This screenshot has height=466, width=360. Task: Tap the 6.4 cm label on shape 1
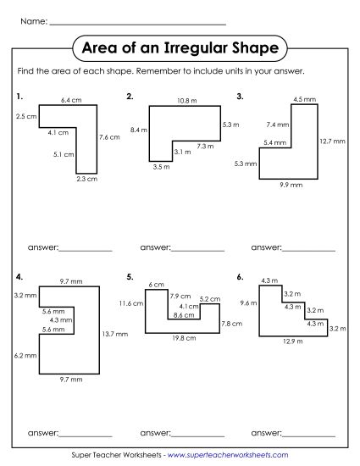(70, 100)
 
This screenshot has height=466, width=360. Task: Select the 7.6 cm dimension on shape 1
(108, 136)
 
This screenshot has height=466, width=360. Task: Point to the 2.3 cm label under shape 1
(86, 179)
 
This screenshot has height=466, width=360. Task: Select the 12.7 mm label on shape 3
(334, 141)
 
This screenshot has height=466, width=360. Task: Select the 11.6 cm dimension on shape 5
(131, 302)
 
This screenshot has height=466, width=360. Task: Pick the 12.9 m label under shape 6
(292, 341)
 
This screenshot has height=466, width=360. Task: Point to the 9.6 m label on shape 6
(247, 302)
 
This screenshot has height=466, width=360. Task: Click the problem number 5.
(129, 276)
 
